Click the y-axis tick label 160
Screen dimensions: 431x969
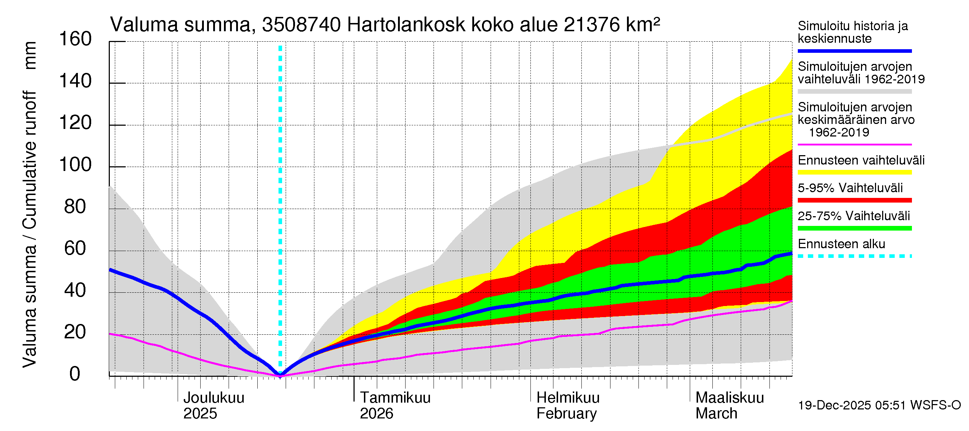click(75, 39)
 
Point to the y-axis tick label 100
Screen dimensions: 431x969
click(75, 165)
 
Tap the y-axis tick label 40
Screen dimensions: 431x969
click(75, 291)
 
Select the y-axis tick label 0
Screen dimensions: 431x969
click(75, 374)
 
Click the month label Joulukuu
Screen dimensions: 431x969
click(214, 398)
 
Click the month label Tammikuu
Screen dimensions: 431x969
click(395, 398)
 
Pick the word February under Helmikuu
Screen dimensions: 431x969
click(566, 414)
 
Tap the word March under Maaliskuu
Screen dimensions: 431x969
click(716, 414)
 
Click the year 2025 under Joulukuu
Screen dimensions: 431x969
click(200, 414)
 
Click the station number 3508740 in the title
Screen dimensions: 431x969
click(301, 25)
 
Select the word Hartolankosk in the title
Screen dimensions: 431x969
click(406, 25)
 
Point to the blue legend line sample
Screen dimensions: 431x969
click(854, 51)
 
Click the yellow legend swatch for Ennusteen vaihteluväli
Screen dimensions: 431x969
click(854, 172)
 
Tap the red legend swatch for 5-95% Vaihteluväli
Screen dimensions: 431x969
click(854, 200)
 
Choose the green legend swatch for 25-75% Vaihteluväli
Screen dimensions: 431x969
click(854, 228)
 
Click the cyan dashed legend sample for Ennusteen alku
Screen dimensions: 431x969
click(854, 256)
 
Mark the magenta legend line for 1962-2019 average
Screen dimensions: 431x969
click(854, 144)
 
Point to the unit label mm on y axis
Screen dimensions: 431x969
click(30, 55)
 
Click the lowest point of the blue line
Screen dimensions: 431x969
click(280, 375)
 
